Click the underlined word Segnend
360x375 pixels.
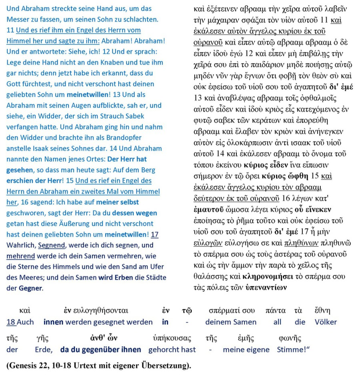(52, 245)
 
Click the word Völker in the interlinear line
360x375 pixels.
(326, 322)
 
